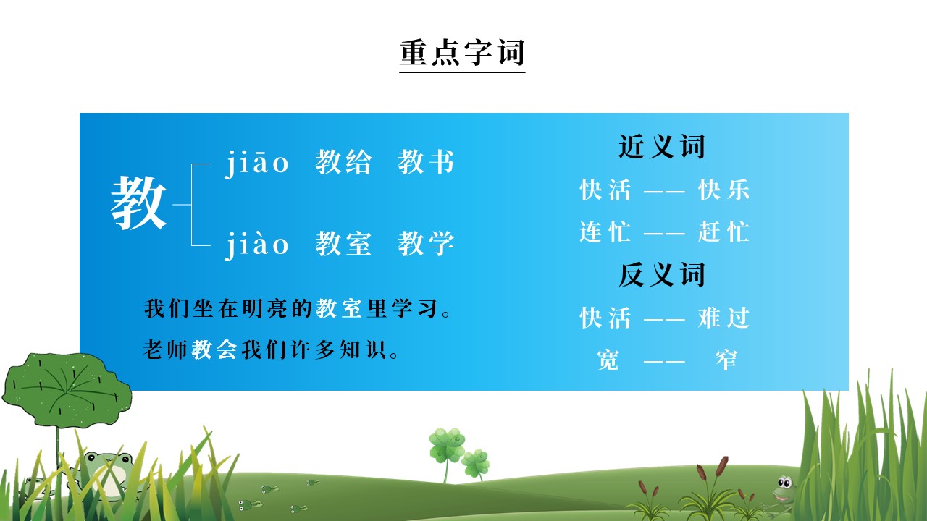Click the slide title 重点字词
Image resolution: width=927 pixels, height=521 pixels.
click(462, 53)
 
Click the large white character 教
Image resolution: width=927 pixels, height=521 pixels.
click(138, 204)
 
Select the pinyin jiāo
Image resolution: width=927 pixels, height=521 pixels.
click(256, 164)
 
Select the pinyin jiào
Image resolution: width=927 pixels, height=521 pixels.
click(256, 245)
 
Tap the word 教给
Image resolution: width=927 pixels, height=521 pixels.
click(343, 163)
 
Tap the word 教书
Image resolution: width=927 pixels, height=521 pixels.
click(426, 163)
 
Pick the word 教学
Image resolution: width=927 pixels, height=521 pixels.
click(426, 245)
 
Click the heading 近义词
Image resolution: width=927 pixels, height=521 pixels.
click(661, 147)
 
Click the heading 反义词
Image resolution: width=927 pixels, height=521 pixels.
click(661, 275)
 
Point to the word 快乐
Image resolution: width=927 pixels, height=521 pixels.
click(723, 190)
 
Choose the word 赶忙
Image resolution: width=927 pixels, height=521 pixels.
click(723, 232)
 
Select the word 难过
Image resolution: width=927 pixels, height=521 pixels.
click(723, 318)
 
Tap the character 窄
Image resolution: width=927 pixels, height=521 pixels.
click(725, 360)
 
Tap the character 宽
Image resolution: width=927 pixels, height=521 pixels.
click(608, 360)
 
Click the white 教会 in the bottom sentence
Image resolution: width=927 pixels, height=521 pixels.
click(214, 351)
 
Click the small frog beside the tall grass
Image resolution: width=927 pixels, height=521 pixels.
click(783, 488)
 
